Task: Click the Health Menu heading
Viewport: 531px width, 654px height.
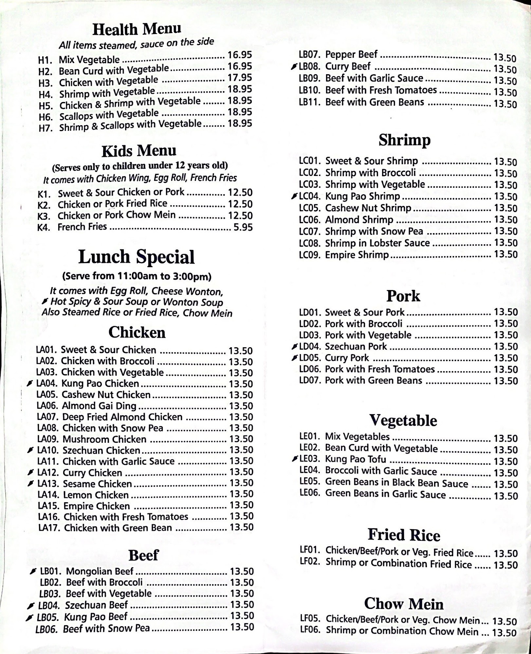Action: click(137, 29)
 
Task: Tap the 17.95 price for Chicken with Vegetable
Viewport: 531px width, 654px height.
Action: click(240, 78)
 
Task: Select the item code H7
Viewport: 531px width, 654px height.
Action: click(46, 128)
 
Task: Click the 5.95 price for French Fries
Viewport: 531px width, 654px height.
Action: click(243, 227)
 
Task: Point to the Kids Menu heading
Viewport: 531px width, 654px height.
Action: click(139, 151)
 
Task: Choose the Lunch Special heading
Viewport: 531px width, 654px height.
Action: click(137, 257)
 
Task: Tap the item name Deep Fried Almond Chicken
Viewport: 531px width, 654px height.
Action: click(122, 417)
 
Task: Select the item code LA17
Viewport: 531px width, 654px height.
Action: click(49, 528)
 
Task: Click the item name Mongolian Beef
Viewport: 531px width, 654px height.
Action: click(100, 571)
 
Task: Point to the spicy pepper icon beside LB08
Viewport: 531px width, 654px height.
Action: click(294, 67)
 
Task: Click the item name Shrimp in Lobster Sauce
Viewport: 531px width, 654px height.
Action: click(377, 243)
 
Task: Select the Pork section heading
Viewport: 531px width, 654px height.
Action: click(403, 296)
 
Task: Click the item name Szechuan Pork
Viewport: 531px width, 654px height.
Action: click(356, 346)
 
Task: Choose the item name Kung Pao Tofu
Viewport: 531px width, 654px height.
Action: click(356, 459)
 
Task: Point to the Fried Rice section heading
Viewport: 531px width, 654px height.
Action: click(404, 535)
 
